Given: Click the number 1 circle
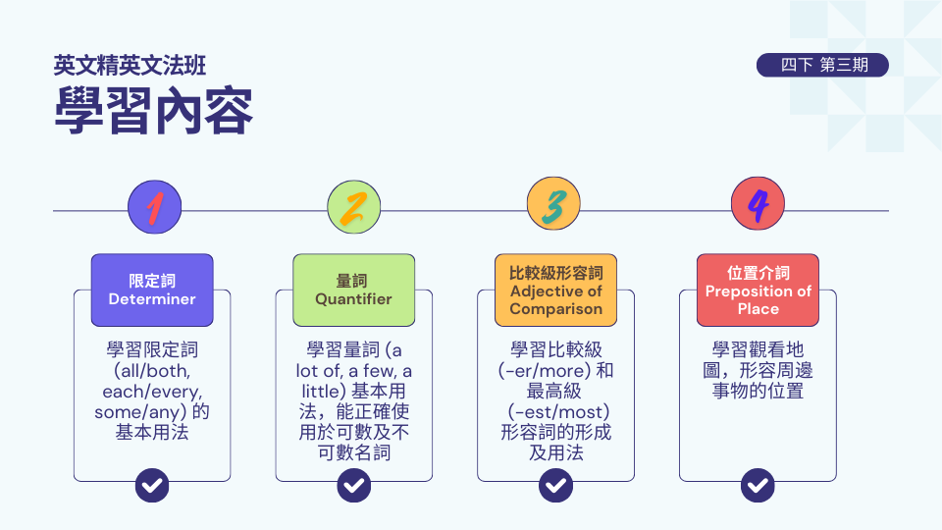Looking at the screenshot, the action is point(154,207).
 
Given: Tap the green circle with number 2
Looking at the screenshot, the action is point(354,207).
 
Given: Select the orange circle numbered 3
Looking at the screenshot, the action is point(553,204).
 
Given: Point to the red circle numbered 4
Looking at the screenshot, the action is point(758,204).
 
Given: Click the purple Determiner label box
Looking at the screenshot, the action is point(152,291).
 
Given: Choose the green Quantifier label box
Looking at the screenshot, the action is point(354,291).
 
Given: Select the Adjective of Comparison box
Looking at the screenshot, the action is point(555,291).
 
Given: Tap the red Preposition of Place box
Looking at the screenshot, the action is point(758,291).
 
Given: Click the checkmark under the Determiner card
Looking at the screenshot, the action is point(152,485).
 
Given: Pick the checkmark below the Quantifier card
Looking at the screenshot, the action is point(354,485).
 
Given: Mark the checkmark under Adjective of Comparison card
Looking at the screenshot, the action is point(555,485).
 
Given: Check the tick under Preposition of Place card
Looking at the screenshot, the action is point(758,485).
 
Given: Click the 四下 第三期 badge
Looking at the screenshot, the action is point(822,65).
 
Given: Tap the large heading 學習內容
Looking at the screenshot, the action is point(154,111).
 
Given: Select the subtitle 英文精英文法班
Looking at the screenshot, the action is point(130,66).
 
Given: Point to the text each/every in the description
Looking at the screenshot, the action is point(151,392).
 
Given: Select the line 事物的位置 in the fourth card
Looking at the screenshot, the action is point(758,392).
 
